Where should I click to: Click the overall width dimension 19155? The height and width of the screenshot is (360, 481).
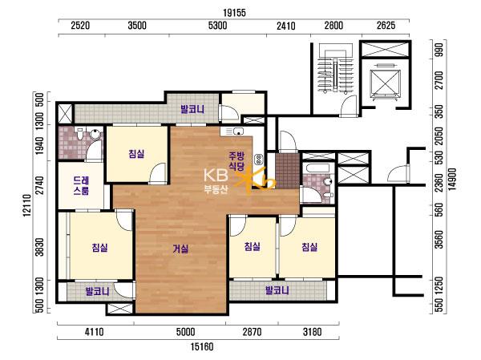pyautogui.click(x=234, y=13)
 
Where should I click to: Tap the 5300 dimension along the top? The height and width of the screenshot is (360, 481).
pyautogui.click(x=217, y=25)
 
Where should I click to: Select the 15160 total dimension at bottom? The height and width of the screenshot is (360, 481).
pyautogui.click(x=202, y=347)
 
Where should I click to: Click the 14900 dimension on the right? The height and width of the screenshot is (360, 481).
pyautogui.click(x=453, y=180)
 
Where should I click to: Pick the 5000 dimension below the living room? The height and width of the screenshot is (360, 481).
pyautogui.click(x=186, y=332)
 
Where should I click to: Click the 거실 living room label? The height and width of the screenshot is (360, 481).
pyautogui.click(x=180, y=249)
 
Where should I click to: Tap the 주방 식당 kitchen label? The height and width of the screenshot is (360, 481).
pyautogui.click(x=236, y=161)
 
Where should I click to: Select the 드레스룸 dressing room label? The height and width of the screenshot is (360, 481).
pyautogui.click(x=81, y=185)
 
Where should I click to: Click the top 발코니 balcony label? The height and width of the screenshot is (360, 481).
pyautogui.click(x=192, y=109)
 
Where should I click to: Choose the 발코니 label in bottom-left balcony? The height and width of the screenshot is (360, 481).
pyautogui.click(x=97, y=291)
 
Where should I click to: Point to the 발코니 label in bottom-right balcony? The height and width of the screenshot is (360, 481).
pyautogui.click(x=277, y=290)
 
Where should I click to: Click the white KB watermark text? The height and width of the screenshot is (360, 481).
pyautogui.click(x=216, y=176)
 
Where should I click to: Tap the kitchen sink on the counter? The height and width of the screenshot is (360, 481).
pyautogui.click(x=238, y=131)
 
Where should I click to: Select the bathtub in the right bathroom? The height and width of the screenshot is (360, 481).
pyautogui.click(x=317, y=168)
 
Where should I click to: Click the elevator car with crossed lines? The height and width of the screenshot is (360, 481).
pyautogui.click(x=386, y=83)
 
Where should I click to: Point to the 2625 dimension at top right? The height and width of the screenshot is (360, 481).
pyautogui.click(x=386, y=25)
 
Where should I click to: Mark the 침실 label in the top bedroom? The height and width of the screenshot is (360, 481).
pyautogui.click(x=136, y=153)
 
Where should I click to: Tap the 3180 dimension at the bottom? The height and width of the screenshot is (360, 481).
pyautogui.click(x=312, y=332)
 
